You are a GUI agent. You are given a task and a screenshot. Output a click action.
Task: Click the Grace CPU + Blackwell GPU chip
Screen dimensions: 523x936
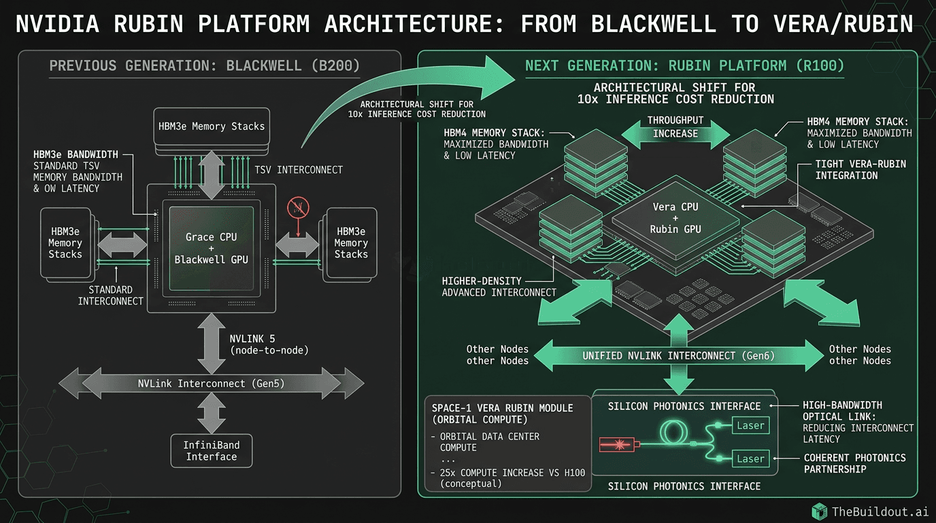211,248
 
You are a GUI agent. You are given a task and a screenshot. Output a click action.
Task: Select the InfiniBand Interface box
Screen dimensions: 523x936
211,451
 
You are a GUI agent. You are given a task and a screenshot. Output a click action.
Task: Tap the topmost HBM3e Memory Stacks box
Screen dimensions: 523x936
211,126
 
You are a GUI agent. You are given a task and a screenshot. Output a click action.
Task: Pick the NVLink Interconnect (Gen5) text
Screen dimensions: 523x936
211,383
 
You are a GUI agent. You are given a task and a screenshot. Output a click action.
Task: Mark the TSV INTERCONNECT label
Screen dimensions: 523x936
299,170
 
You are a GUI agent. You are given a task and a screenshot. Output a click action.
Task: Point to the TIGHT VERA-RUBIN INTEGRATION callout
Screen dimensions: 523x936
860,170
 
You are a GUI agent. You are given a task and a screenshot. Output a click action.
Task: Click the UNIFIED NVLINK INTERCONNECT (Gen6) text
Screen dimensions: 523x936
678,355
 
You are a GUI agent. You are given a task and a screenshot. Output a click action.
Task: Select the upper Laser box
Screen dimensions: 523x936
750,426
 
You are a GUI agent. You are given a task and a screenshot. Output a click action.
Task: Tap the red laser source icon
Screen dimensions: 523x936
618,444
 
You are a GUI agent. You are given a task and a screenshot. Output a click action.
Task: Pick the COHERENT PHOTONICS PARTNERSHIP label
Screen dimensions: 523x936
854,463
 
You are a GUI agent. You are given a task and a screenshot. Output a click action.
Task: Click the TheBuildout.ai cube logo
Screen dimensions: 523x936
820,511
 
